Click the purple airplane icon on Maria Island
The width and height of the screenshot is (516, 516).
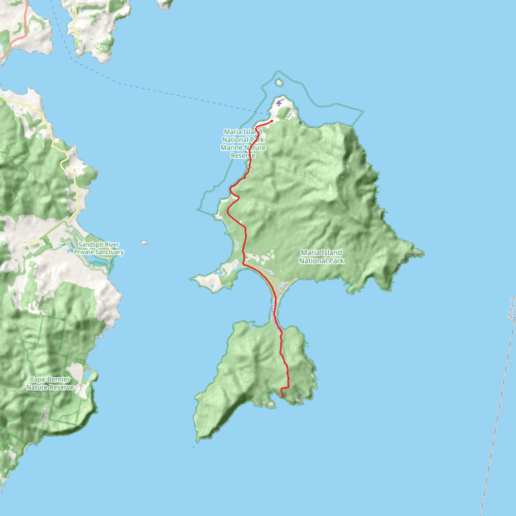(279, 103)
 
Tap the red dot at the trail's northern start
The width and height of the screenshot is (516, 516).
(272, 121)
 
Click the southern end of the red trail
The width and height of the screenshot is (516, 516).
(282, 397)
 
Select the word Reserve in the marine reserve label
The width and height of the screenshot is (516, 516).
(243, 156)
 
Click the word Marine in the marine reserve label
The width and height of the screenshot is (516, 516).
(231, 148)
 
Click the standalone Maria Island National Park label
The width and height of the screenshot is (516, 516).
(321, 257)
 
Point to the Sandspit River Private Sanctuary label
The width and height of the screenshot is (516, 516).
(99, 248)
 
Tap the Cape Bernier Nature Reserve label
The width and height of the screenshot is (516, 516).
(50, 383)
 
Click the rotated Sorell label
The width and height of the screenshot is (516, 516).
(46, 414)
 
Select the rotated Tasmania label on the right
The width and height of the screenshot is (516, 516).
(511, 308)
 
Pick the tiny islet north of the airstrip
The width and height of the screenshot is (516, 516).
(279, 83)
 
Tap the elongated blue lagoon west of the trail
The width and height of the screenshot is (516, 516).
(236, 245)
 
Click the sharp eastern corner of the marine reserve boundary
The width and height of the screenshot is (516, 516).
(364, 111)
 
